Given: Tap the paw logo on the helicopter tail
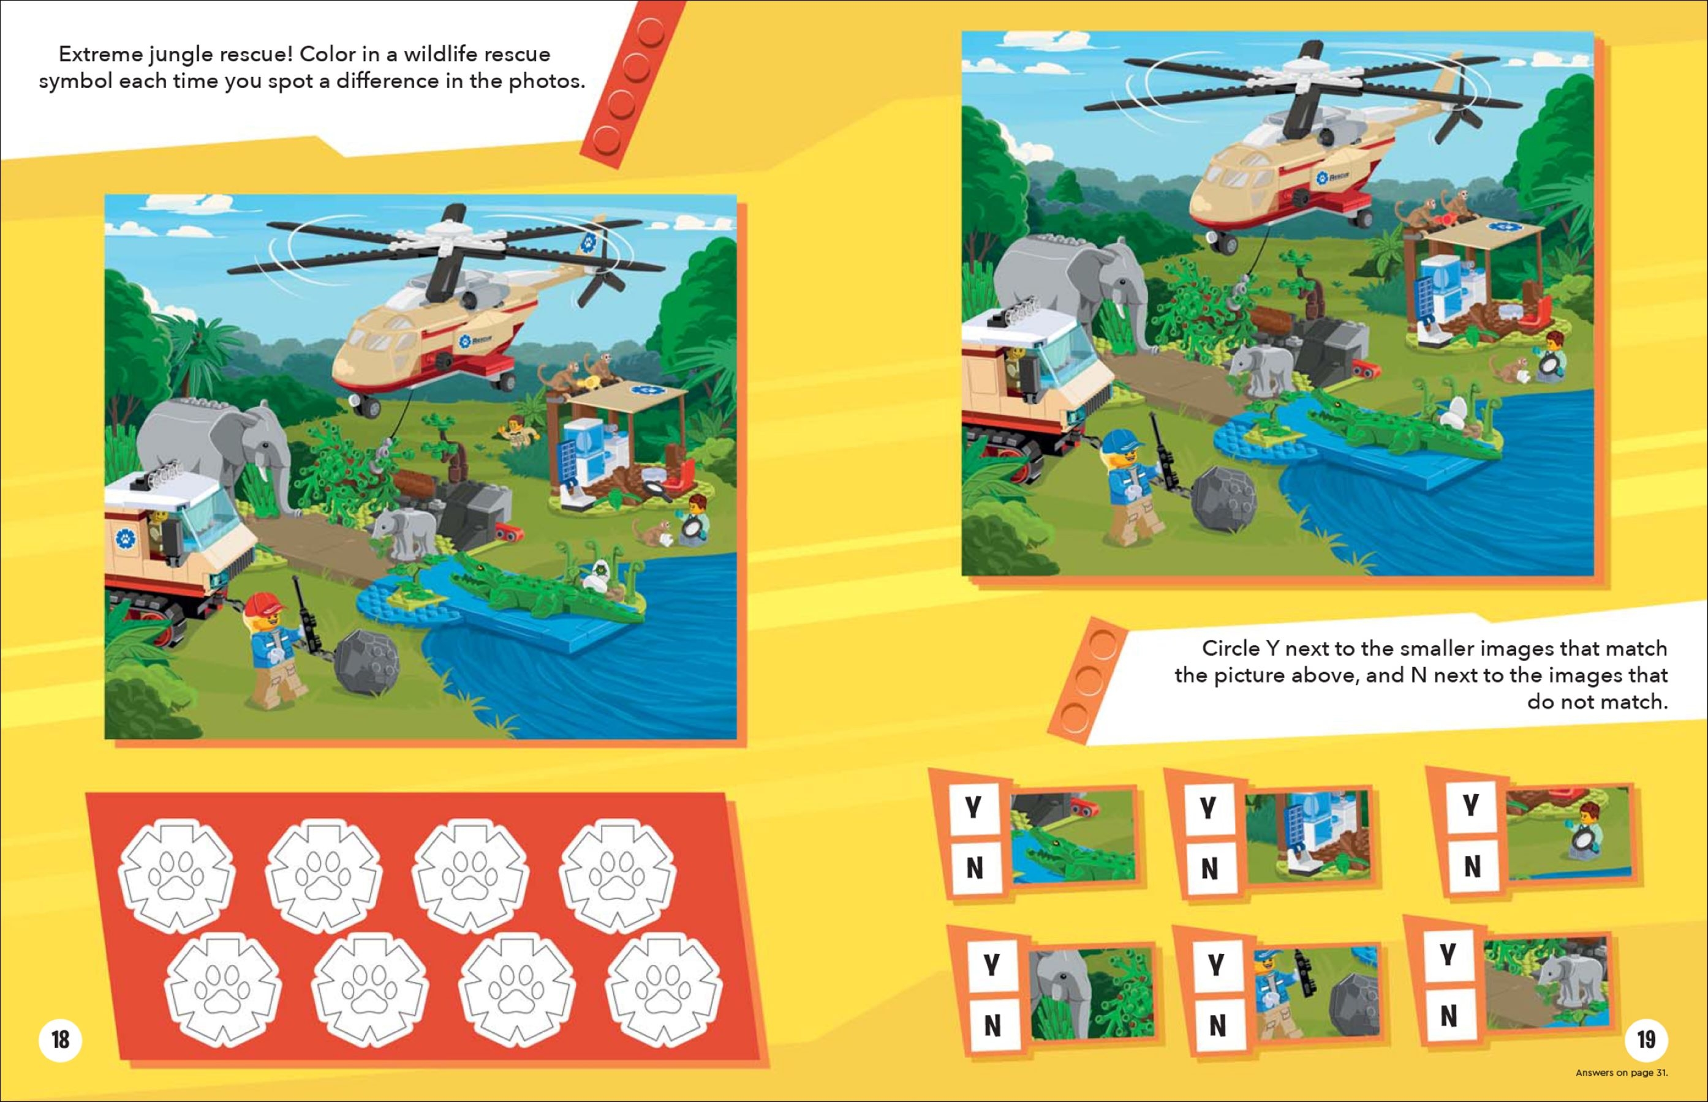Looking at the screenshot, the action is tap(589, 242).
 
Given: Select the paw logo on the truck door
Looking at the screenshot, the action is tap(126, 538).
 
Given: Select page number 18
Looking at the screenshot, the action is tap(61, 1039).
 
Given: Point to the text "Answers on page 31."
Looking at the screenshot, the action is tap(1622, 1073).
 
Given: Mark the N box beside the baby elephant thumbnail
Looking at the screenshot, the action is tap(1449, 1016).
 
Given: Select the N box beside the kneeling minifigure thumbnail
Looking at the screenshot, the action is tap(1472, 866).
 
